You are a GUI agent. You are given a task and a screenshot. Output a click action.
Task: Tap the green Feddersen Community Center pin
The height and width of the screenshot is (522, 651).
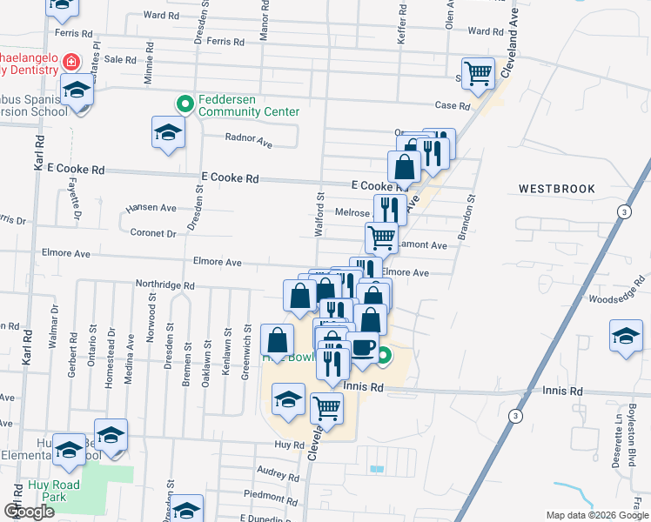click(185, 105)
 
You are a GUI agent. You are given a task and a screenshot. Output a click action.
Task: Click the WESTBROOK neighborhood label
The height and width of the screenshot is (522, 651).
click(556, 189)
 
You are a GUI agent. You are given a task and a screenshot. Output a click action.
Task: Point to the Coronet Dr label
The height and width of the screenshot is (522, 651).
click(153, 233)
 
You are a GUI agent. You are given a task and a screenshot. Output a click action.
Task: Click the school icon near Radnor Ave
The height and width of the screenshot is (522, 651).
click(168, 133)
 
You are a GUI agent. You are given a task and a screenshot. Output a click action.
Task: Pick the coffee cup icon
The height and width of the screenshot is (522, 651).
click(362, 348)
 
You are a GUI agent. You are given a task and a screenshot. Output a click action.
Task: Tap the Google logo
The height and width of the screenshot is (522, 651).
click(29, 512)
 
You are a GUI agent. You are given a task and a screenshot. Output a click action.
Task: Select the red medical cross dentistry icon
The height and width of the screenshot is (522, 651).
click(70, 63)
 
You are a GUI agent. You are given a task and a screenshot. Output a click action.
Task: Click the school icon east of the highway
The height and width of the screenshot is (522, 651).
click(626, 336)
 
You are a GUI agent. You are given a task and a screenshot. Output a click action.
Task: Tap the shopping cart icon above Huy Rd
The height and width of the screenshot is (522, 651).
click(326, 406)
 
